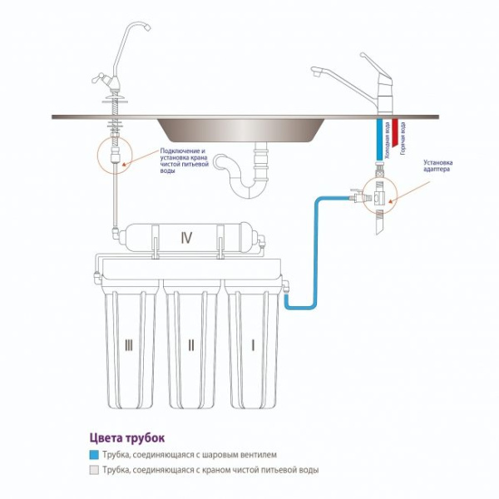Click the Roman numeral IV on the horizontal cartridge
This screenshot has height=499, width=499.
click(x=186, y=238)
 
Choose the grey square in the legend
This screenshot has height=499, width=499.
click(x=94, y=470)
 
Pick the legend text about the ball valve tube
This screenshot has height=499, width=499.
click(x=195, y=456)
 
